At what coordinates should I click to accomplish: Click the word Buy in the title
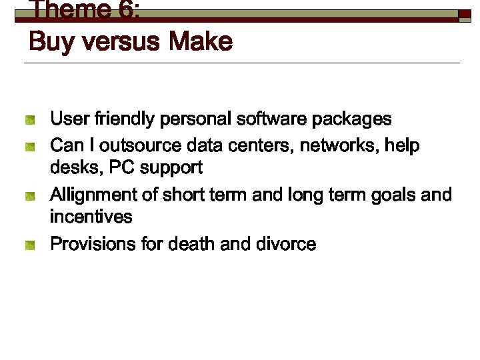tap(49, 43)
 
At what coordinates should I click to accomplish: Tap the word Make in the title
tap(200, 43)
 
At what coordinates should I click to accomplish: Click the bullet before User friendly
tap(29, 121)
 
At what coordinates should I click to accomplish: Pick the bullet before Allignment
tap(29, 196)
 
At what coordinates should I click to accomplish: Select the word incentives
tap(91, 217)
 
